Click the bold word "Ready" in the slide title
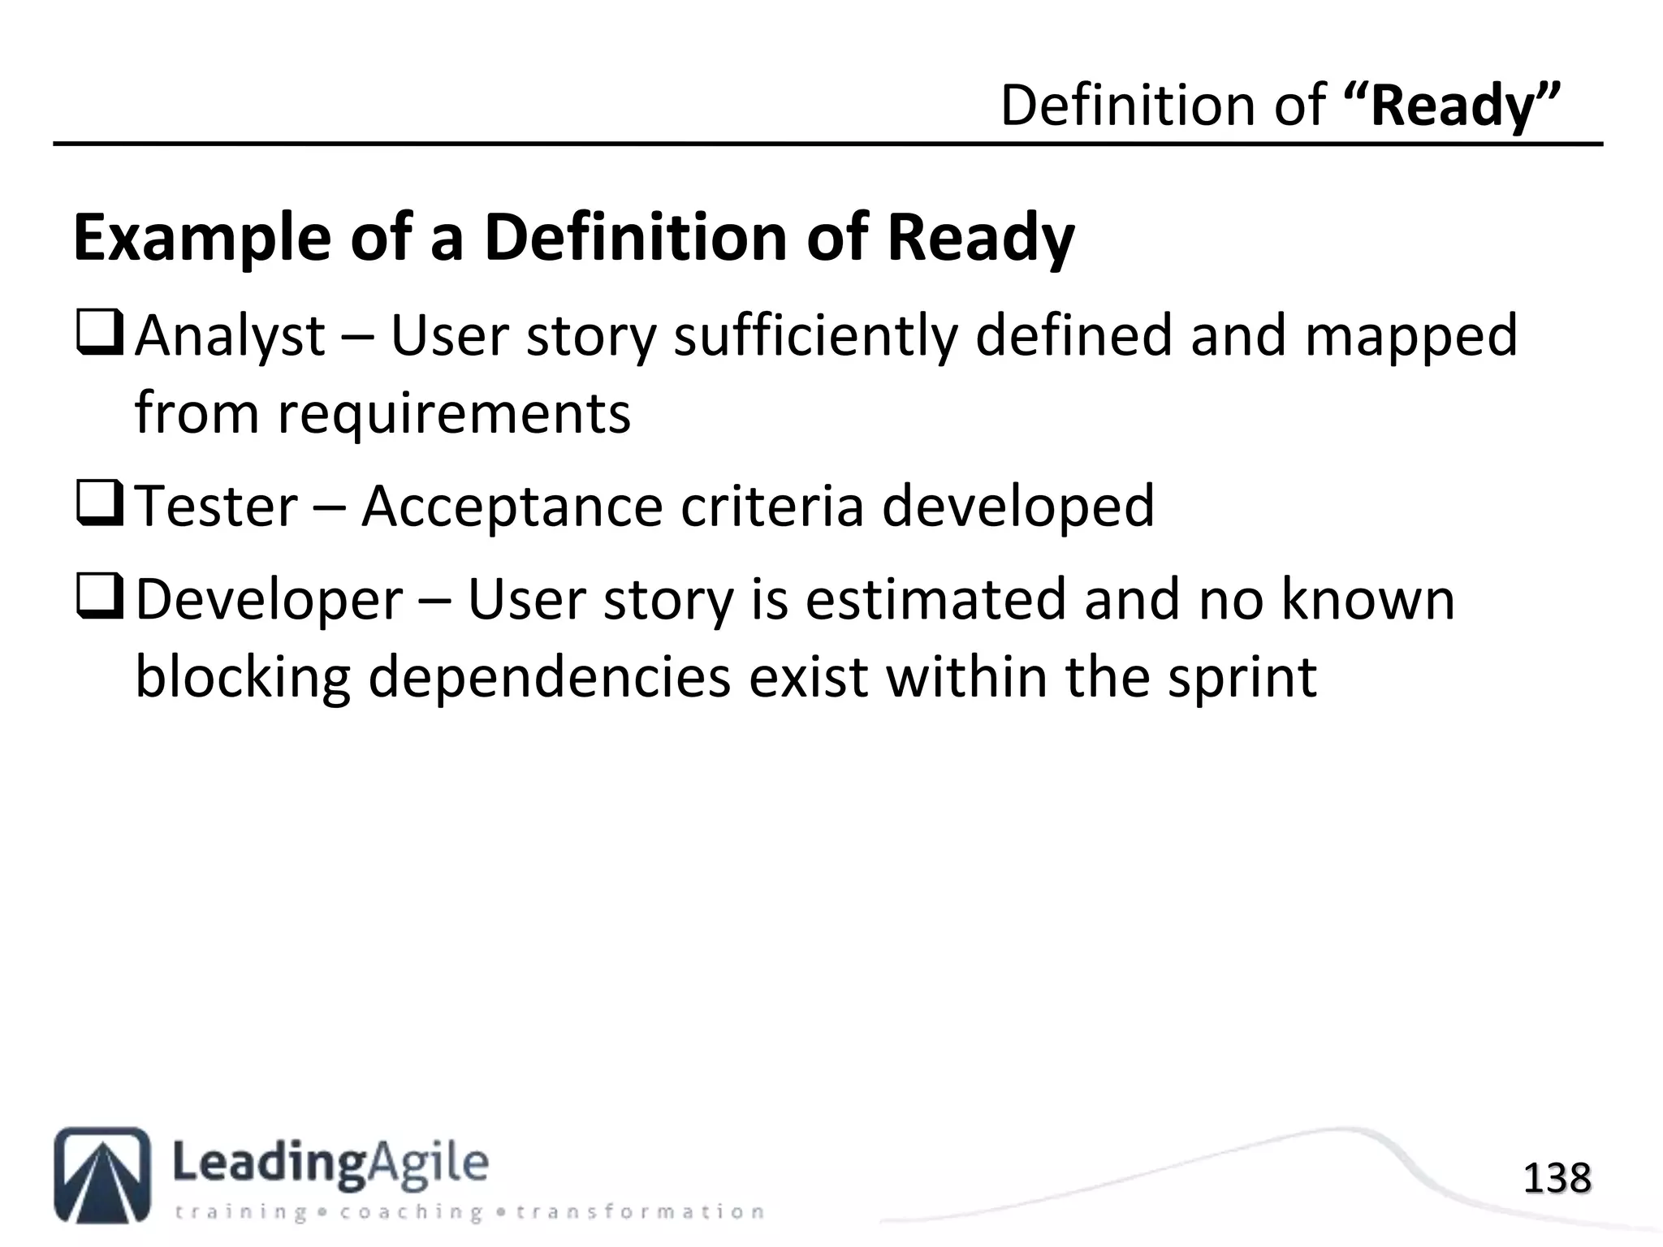tap(1453, 106)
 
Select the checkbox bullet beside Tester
tap(99, 505)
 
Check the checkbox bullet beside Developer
tap(99, 600)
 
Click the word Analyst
tap(230, 336)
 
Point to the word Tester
tap(216, 506)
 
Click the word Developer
tap(269, 601)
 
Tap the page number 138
tap(1557, 1178)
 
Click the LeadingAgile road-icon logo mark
tap(102, 1174)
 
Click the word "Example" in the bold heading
tap(202, 239)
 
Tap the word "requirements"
tap(454, 413)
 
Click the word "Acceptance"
tap(512, 506)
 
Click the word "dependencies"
tap(549, 677)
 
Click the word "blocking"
tap(242, 677)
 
